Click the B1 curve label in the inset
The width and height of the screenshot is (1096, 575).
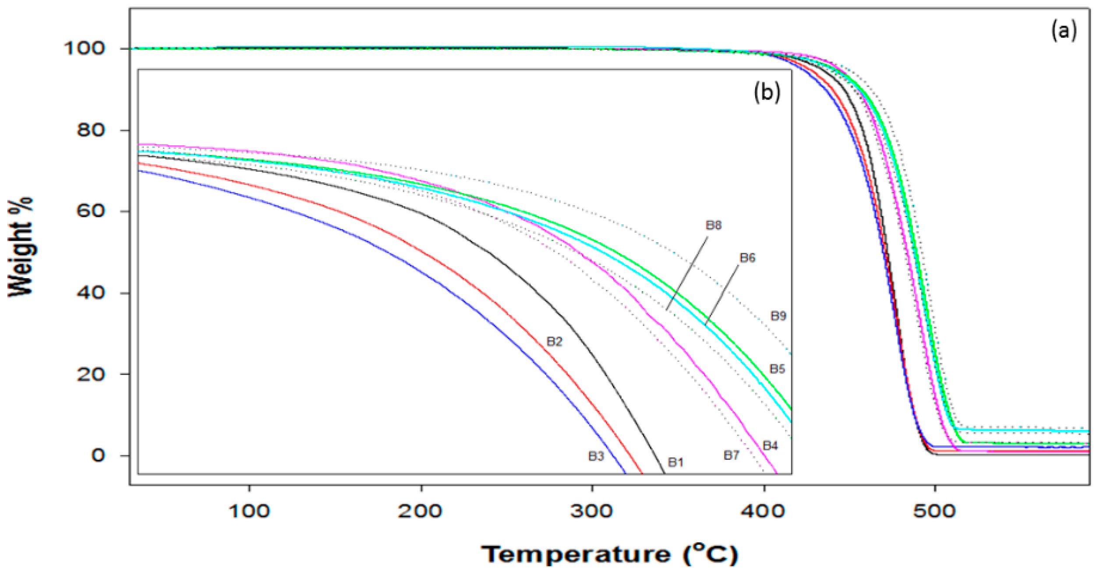[675, 462]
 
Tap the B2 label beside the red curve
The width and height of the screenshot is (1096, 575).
[554, 342]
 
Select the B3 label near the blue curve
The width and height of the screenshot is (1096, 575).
[596, 456]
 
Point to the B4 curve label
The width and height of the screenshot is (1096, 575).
[770, 446]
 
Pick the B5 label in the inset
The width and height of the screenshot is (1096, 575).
[777, 369]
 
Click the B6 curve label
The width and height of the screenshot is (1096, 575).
[747, 258]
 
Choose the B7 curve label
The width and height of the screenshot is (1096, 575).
[731, 455]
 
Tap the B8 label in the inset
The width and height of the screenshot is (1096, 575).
[713, 226]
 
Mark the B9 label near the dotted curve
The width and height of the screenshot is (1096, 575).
[778, 316]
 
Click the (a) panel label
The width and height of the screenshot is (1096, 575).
[1064, 32]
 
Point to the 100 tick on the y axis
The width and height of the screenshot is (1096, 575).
[85, 48]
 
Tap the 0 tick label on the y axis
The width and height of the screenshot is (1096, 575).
[98, 455]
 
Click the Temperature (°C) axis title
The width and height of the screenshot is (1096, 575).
[610, 554]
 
